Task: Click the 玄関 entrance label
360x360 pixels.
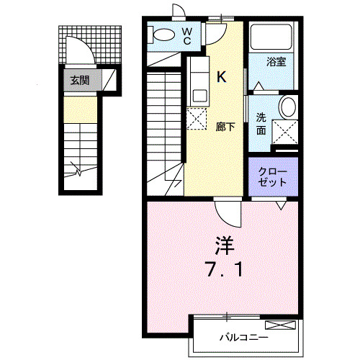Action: [80, 80]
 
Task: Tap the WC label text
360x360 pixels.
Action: [186, 35]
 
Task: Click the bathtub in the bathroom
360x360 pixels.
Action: [271, 38]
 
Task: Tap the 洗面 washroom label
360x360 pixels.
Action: [261, 124]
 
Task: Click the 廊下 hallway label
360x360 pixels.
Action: [225, 127]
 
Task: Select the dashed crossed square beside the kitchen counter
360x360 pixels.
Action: [197, 117]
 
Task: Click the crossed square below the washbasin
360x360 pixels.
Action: [287, 132]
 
